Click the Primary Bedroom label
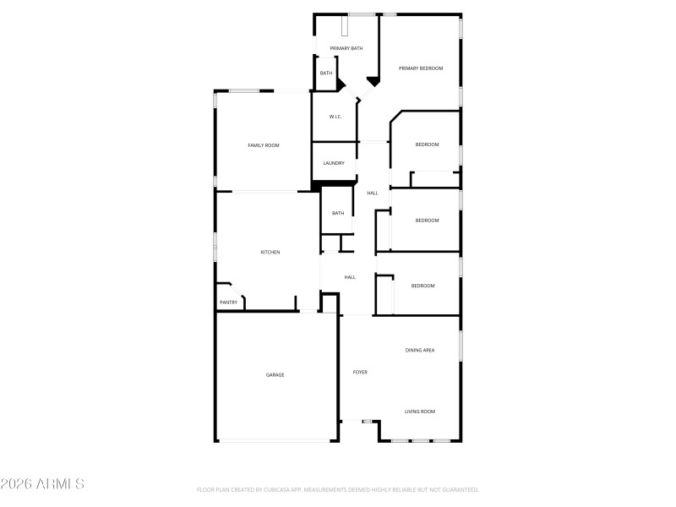[421, 68]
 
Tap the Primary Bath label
[346, 48]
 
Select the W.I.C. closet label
[335, 117]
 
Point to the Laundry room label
[334, 163]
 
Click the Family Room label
[263, 145]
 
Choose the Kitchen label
[270, 252]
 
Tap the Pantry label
[228, 302]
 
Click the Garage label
[275, 374]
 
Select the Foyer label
[360, 372]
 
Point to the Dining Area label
[420, 350]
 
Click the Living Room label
[420, 412]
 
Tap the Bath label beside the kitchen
[338, 213]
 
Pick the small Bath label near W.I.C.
[326, 74]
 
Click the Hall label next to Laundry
[372, 194]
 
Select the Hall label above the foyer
[350, 277]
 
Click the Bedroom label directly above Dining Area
[422, 286]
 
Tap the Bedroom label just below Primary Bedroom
[427, 144]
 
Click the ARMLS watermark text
[42, 484]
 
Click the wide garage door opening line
[275, 440]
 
